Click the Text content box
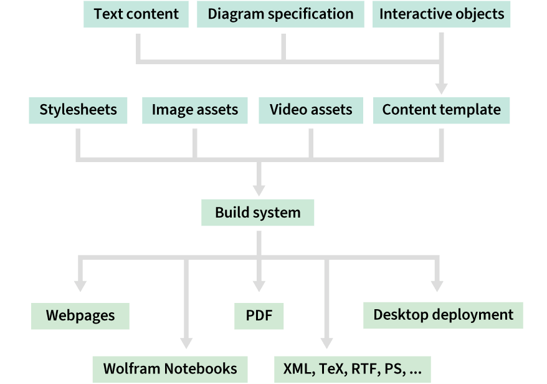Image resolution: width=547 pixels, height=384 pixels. click(136, 14)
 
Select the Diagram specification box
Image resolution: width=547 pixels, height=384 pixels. click(280, 14)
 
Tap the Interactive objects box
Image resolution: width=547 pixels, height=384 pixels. click(442, 14)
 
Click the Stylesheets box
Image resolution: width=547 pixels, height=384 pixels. click(78, 110)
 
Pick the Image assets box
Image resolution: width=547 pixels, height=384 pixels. click(194, 110)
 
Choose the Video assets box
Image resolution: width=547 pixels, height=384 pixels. click(311, 110)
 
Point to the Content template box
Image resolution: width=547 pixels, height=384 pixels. click(441, 110)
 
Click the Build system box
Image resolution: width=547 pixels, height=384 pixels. click(257, 213)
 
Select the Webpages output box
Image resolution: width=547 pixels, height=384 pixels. click(80, 315)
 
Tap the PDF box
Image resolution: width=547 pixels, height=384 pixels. click(259, 315)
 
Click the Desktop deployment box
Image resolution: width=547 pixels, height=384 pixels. click(443, 315)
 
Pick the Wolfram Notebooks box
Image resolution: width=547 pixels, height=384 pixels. click(170, 368)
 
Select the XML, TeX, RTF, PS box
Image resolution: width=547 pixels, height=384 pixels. click(352, 368)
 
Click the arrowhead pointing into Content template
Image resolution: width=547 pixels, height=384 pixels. click(442, 87)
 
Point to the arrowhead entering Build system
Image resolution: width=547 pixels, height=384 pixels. click(259, 189)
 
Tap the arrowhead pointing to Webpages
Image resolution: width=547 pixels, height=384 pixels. click(80, 285)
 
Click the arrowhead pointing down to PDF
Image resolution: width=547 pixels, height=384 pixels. click(259, 290)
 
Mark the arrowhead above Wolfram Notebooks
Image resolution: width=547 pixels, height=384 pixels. click(186, 342)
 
